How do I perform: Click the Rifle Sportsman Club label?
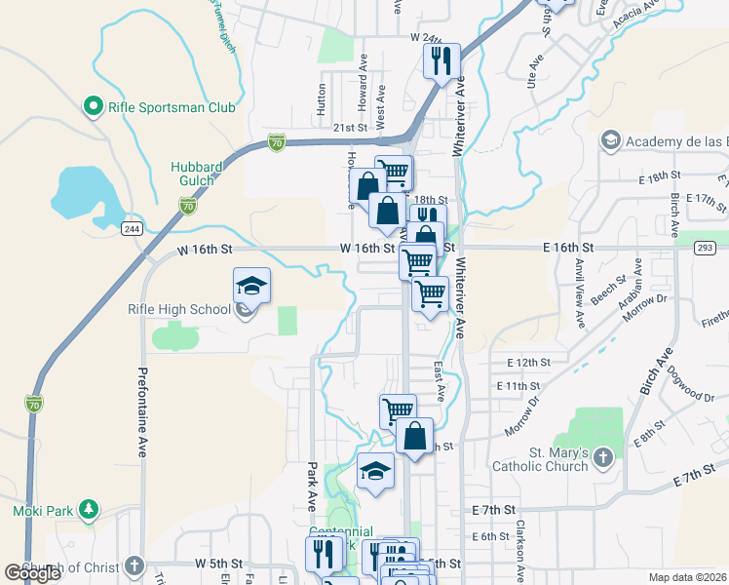[x=173, y=106]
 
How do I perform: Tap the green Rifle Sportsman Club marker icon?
[x=95, y=105]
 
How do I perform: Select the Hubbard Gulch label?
[x=198, y=174]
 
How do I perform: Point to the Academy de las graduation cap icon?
[x=611, y=142]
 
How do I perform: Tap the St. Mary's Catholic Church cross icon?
[x=603, y=456]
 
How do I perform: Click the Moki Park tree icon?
[x=89, y=509]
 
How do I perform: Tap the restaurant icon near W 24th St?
[x=441, y=60]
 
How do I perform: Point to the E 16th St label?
[x=569, y=249]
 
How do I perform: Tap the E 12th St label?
[x=529, y=363]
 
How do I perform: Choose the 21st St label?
[x=348, y=128]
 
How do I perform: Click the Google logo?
[x=33, y=573]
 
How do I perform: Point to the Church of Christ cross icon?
[x=134, y=566]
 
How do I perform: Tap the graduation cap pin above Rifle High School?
[x=251, y=287]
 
